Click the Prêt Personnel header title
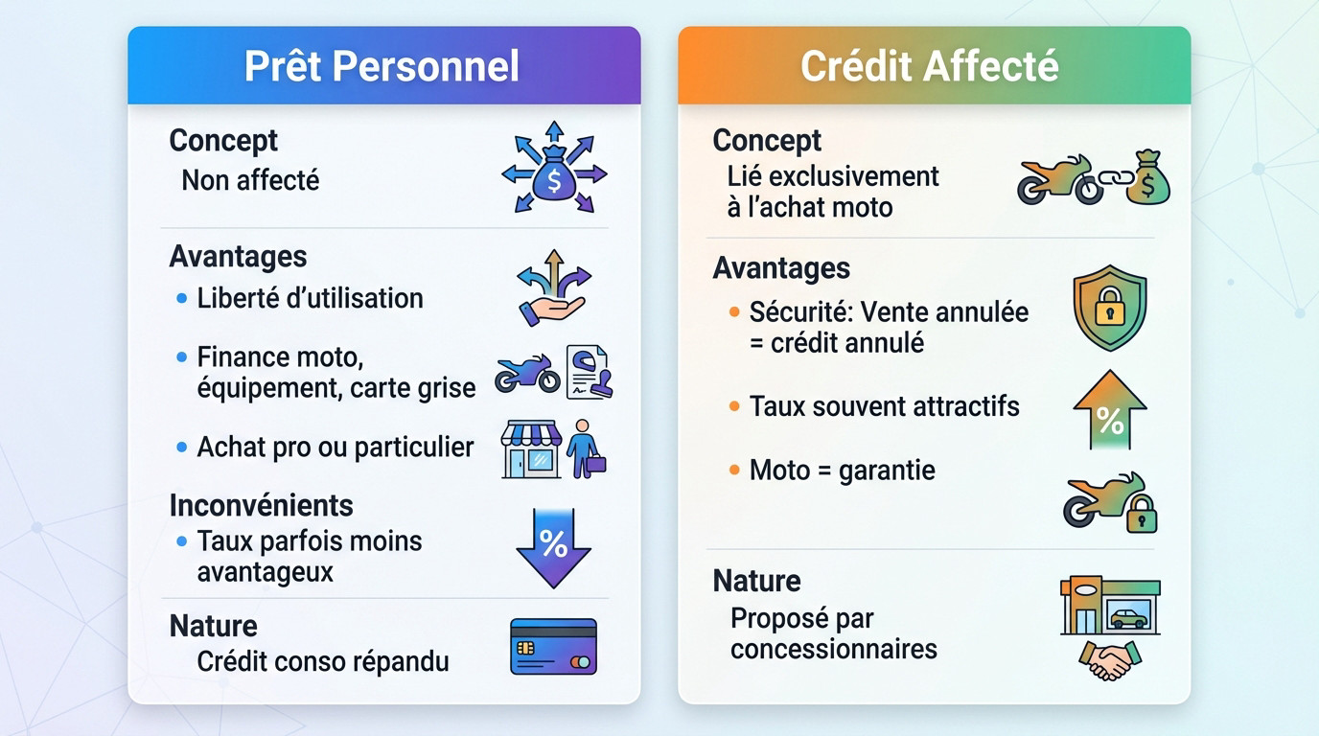point(382,66)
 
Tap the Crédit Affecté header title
point(930,66)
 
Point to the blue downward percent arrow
point(553,547)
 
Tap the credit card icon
point(553,647)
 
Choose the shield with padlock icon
point(1110,308)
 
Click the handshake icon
point(1110,660)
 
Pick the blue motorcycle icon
point(527,374)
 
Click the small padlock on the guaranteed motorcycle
point(1141,517)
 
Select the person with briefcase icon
point(583,448)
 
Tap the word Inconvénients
point(261,505)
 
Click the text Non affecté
point(250,180)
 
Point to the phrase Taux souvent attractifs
point(884,406)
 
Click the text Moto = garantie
point(842,471)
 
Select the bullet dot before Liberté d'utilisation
point(182,299)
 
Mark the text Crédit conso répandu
point(322,661)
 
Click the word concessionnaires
point(833,649)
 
